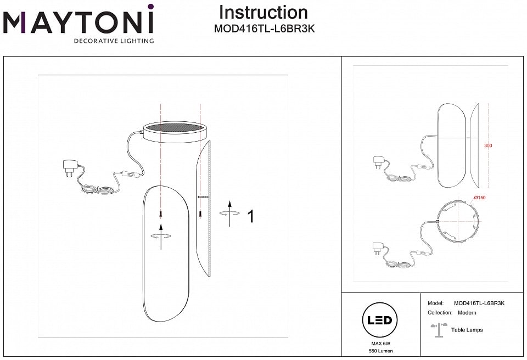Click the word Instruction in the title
(x=263, y=12)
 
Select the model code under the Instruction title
(x=263, y=29)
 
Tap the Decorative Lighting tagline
(x=114, y=41)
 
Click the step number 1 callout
(x=251, y=216)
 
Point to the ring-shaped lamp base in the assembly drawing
(x=175, y=131)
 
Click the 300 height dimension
(x=488, y=146)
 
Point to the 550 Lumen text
(x=380, y=351)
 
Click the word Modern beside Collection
(x=467, y=313)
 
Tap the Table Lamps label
(x=467, y=330)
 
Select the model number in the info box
(x=479, y=303)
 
